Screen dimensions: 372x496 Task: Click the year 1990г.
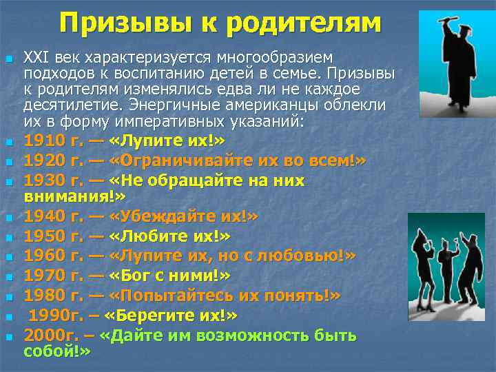click(56, 316)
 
